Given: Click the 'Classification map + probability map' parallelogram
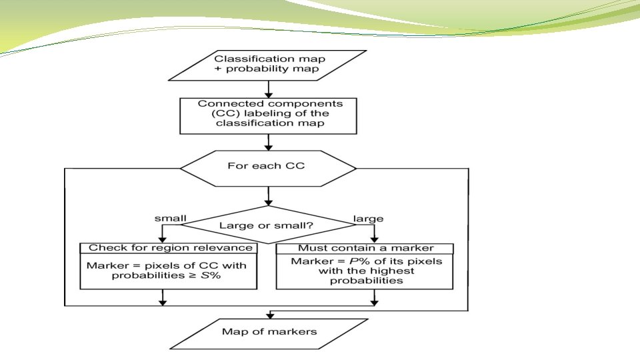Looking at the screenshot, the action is [268, 65].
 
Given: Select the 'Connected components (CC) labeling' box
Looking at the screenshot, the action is [268, 116].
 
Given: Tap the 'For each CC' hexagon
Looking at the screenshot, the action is [268, 169].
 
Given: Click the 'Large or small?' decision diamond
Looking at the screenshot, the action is [268, 225].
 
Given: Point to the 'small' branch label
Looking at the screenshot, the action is [170, 219].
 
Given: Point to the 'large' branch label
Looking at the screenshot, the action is [368, 219].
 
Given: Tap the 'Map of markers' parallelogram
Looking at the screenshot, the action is [269, 334].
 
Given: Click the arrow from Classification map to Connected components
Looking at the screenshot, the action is [268, 89].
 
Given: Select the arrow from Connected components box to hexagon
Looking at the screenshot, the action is [268, 143].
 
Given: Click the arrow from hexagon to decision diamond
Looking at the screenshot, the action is [268, 196].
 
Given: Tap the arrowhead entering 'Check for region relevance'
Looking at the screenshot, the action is [163, 239].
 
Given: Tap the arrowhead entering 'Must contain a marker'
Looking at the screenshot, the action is [374, 239].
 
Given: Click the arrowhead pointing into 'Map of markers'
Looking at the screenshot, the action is [269, 315].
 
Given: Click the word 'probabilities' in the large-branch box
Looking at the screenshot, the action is [366, 281].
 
